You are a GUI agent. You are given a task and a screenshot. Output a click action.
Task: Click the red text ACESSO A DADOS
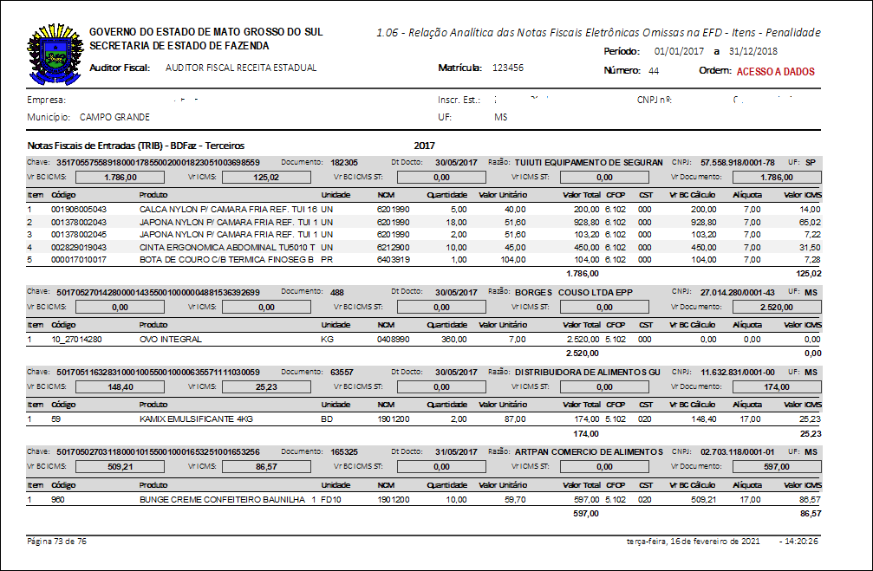(x=775, y=71)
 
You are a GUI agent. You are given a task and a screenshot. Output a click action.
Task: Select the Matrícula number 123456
(x=507, y=68)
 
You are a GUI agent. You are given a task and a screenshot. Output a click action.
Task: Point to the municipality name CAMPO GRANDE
(x=114, y=117)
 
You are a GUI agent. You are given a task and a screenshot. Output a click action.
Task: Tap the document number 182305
(x=344, y=162)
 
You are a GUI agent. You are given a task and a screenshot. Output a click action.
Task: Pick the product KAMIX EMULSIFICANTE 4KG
(x=196, y=419)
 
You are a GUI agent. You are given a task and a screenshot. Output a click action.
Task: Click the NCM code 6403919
(x=393, y=258)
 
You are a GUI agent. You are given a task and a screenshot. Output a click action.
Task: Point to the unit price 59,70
(x=515, y=500)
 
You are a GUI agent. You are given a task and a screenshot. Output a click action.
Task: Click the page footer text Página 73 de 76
(x=57, y=541)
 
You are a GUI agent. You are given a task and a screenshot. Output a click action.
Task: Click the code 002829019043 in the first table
(x=79, y=246)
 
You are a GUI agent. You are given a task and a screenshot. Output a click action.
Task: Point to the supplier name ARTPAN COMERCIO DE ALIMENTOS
(x=588, y=452)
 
